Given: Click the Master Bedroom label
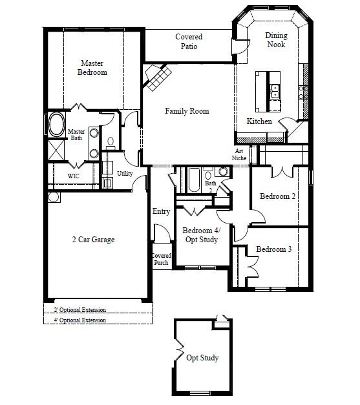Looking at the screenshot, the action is coord(92,68).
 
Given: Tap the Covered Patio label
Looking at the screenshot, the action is coord(189,41).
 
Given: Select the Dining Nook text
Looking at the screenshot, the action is coord(276,40).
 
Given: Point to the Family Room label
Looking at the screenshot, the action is coord(187,111).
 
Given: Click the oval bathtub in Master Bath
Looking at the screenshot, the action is coord(57,124).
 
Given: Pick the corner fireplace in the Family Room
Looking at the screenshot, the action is coord(158,77).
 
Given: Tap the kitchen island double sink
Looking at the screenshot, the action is coord(275,92).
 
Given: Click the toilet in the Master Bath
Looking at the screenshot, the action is coord(111,143).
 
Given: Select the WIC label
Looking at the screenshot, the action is coord(74,176).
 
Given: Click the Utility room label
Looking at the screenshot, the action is coord(125,174).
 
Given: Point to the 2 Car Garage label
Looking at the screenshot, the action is coord(93,240).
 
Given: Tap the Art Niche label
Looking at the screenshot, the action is coord(239,154).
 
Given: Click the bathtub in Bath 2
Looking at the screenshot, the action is coord(194,180).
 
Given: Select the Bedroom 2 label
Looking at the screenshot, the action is coord(277,196).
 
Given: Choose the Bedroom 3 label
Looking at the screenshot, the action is coord(274,249).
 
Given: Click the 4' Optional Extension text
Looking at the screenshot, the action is coord(80,320).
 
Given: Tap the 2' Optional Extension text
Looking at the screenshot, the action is coord(80,310).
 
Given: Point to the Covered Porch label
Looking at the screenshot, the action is coord(161,259).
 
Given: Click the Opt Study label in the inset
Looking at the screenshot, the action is coord(202,358).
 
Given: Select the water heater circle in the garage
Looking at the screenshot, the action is coord(54,198).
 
